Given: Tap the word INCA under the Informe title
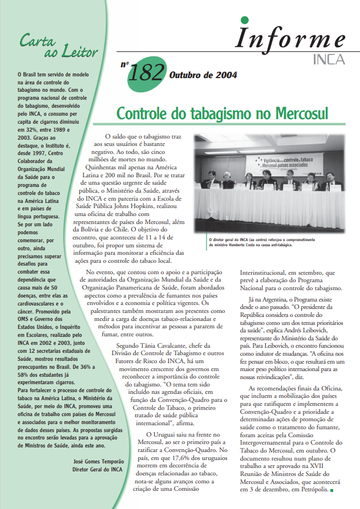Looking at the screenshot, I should [x=329, y=58].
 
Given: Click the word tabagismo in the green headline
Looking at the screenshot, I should [x=221, y=113].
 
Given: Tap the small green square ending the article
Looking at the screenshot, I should [x=331, y=489].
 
